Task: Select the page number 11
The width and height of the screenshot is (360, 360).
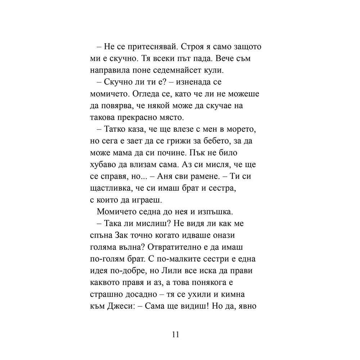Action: (x=175, y=334)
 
